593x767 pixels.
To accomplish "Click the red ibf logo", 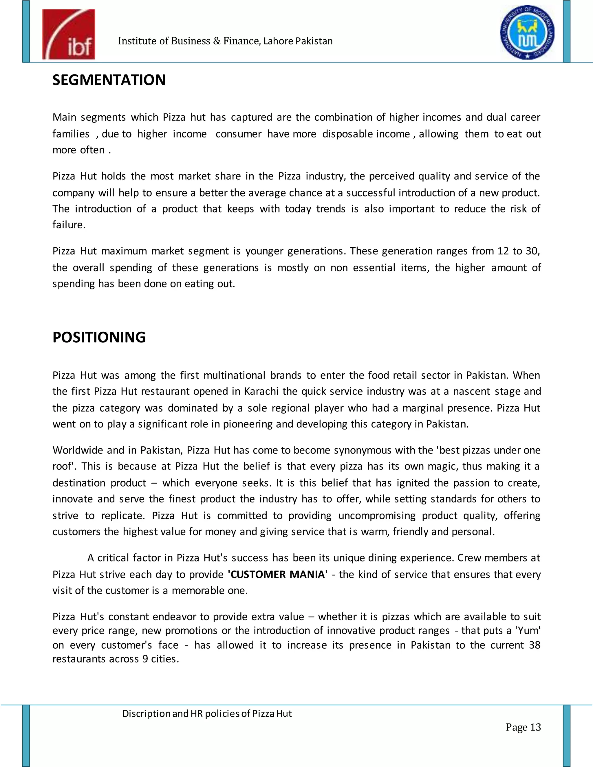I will pyautogui.click(x=69, y=34).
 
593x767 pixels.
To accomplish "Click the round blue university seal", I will pyautogui.click(x=527, y=32).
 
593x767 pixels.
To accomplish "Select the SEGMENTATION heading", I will pyautogui.click(x=109, y=80).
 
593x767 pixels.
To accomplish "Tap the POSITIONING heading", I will pyautogui.click(x=99, y=337).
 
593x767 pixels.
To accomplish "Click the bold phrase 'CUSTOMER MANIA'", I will pyautogui.click(x=277, y=574).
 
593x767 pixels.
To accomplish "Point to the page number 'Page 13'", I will pyautogui.click(x=523, y=727).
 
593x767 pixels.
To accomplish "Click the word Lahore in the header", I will pyautogui.click(x=279, y=41).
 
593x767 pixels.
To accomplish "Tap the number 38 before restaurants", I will pyautogui.click(x=534, y=645).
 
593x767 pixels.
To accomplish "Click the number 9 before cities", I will pyautogui.click(x=145, y=659).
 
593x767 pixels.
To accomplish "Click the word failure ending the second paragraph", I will pyautogui.click(x=69, y=225).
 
